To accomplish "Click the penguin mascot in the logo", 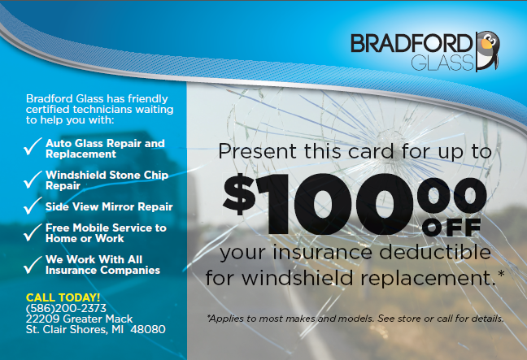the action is point(488,50).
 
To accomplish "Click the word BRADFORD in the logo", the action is point(412,43).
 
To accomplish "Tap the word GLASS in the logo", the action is point(442,63).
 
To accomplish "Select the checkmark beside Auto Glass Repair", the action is point(33,146).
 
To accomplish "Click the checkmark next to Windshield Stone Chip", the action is point(33,180).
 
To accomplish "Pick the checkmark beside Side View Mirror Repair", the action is point(33,206).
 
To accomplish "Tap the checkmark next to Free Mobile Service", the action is point(33,232).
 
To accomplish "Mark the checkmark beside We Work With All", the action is point(33,264).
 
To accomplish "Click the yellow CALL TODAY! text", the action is point(63,297).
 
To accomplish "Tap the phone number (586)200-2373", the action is point(66,308).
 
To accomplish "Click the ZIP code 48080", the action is point(148,329).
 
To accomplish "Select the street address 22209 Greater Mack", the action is point(80,319).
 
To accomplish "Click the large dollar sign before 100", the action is point(239,194).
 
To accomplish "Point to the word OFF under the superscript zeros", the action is point(451,228).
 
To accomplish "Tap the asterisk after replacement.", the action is point(501,274).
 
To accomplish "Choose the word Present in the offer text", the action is point(258,151).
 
